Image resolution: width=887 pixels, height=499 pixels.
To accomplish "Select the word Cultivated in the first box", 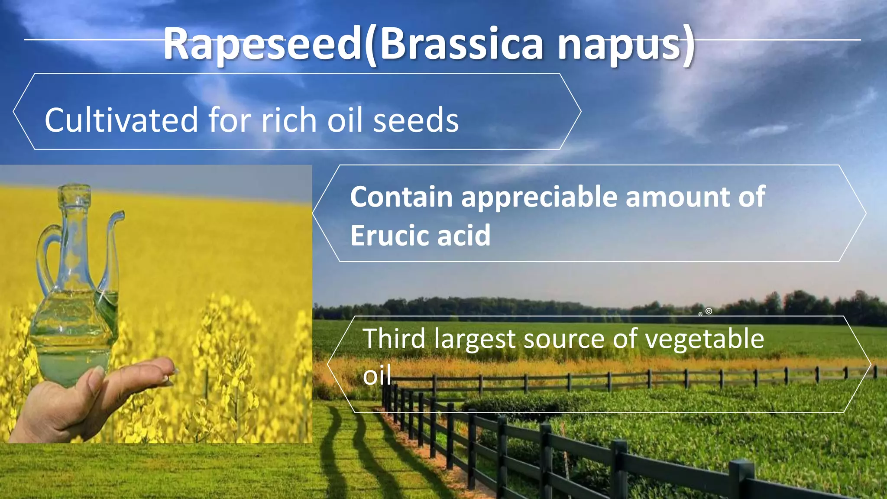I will (x=121, y=120).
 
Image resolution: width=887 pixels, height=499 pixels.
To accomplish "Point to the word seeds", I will (x=415, y=120).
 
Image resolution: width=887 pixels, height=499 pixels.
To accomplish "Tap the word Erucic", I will (x=388, y=236).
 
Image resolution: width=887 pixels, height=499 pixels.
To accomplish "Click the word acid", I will (x=464, y=236).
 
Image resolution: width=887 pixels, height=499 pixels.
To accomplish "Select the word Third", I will (x=394, y=338).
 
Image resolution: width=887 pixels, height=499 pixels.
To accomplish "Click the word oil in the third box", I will (x=377, y=375).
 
